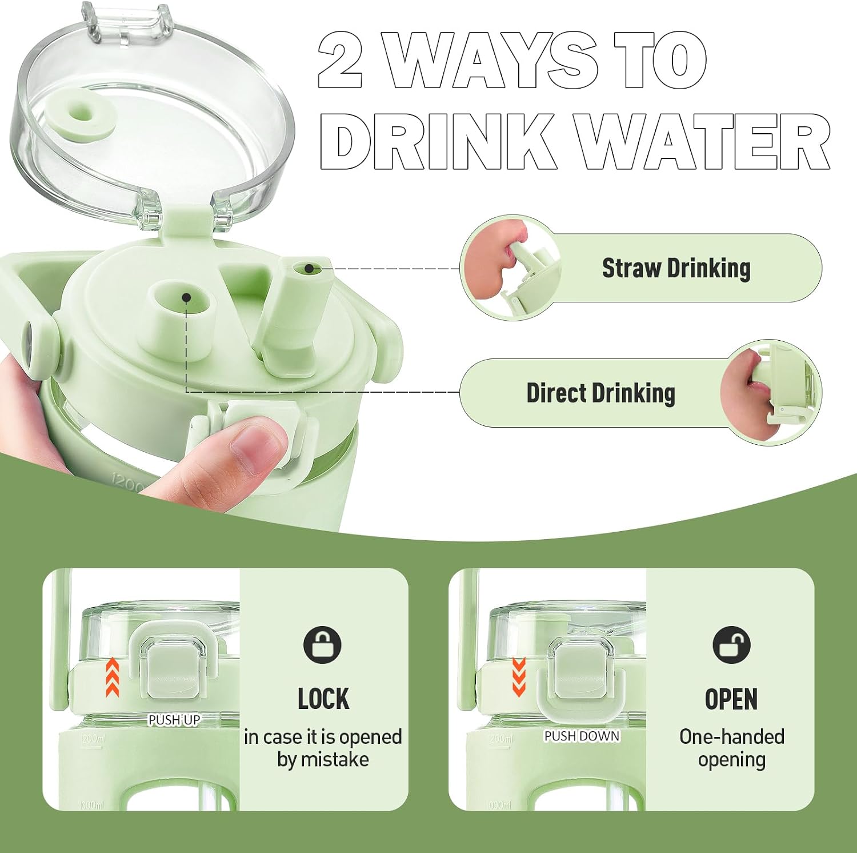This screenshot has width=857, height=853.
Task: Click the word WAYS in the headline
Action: pyautogui.click(x=490, y=59)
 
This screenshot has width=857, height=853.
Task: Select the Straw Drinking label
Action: pyautogui.click(x=676, y=268)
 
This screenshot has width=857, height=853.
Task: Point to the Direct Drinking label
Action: pyautogui.click(x=600, y=393)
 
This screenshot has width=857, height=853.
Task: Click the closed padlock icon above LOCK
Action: pyautogui.click(x=322, y=645)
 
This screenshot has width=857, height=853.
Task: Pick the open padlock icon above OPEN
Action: pyautogui.click(x=731, y=645)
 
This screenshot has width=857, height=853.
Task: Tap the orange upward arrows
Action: pyautogui.click(x=113, y=677)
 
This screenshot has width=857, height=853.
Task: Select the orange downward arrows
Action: pyautogui.click(x=519, y=677)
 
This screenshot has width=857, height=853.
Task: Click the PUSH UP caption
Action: pyautogui.click(x=174, y=720)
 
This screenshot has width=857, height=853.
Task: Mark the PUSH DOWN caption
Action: pyautogui.click(x=582, y=736)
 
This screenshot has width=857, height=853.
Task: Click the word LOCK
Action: pyautogui.click(x=323, y=699)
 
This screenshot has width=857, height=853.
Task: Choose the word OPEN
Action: pyautogui.click(x=731, y=699)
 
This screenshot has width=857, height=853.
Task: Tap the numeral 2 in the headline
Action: pyautogui.click(x=341, y=60)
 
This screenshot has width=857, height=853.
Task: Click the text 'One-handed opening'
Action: pyautogui.click(x=732, y=748)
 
